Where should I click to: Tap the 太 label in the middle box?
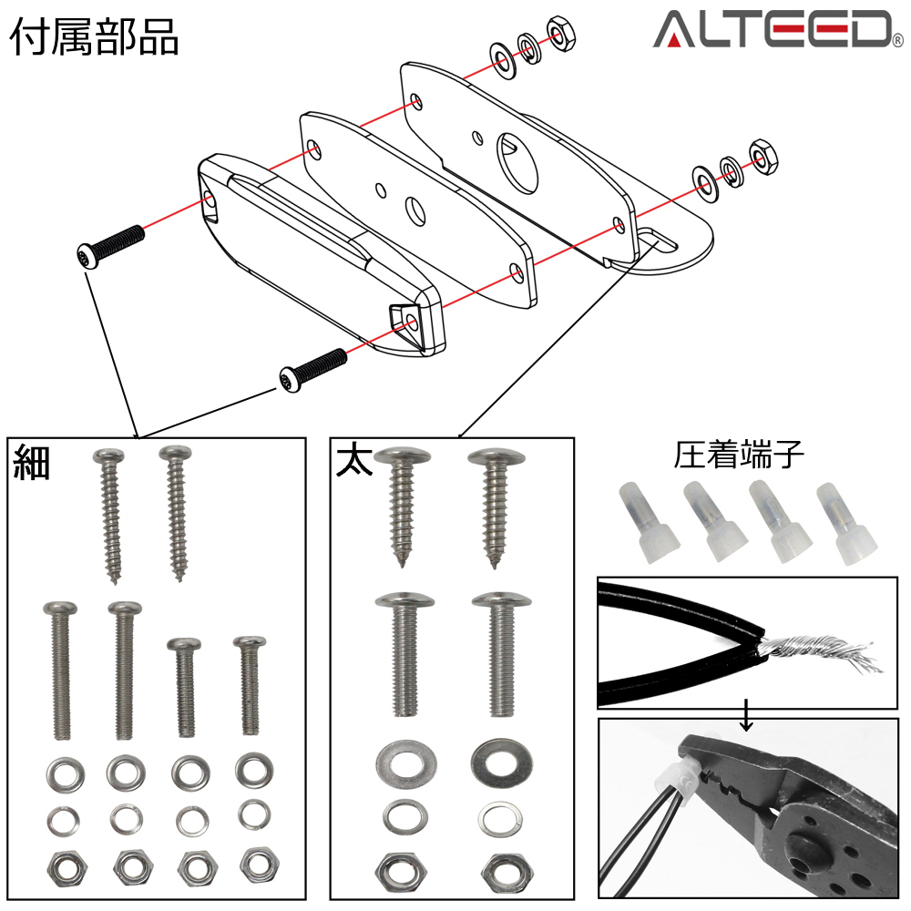(353, 459)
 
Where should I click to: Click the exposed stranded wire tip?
(820, 651)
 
